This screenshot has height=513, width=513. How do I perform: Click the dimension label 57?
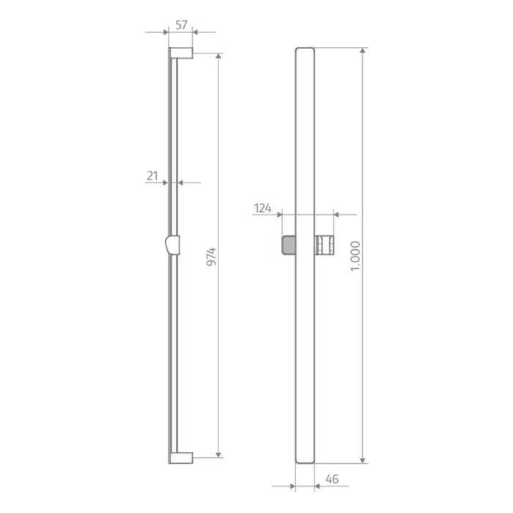(181, 25)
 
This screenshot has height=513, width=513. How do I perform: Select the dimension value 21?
(152, 176)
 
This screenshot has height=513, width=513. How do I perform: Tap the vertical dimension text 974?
(212, 256)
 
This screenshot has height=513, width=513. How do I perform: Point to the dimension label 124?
(263, 208)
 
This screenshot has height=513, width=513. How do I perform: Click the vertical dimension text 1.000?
(355, 256)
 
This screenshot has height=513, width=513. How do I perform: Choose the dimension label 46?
(332, 479)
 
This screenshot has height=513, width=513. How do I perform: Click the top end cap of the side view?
(181, 53)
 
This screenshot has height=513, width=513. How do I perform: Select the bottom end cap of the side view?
(181, 458)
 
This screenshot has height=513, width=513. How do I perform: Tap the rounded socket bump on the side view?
(172, 245)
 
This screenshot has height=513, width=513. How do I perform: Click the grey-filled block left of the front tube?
(289, 245)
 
